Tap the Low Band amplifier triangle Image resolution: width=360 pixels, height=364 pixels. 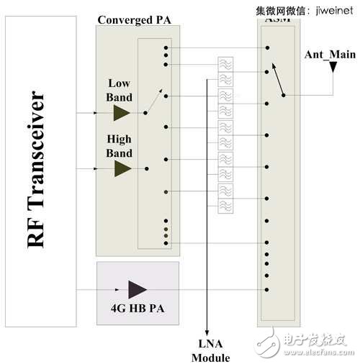pos(122,113)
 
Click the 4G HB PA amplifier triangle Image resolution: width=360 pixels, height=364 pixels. pos(136,289)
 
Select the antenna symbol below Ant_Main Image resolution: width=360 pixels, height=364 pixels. pos(333,67)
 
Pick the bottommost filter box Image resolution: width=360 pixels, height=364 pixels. pos(225,205)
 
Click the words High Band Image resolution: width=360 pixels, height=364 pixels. pos(120,147)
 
